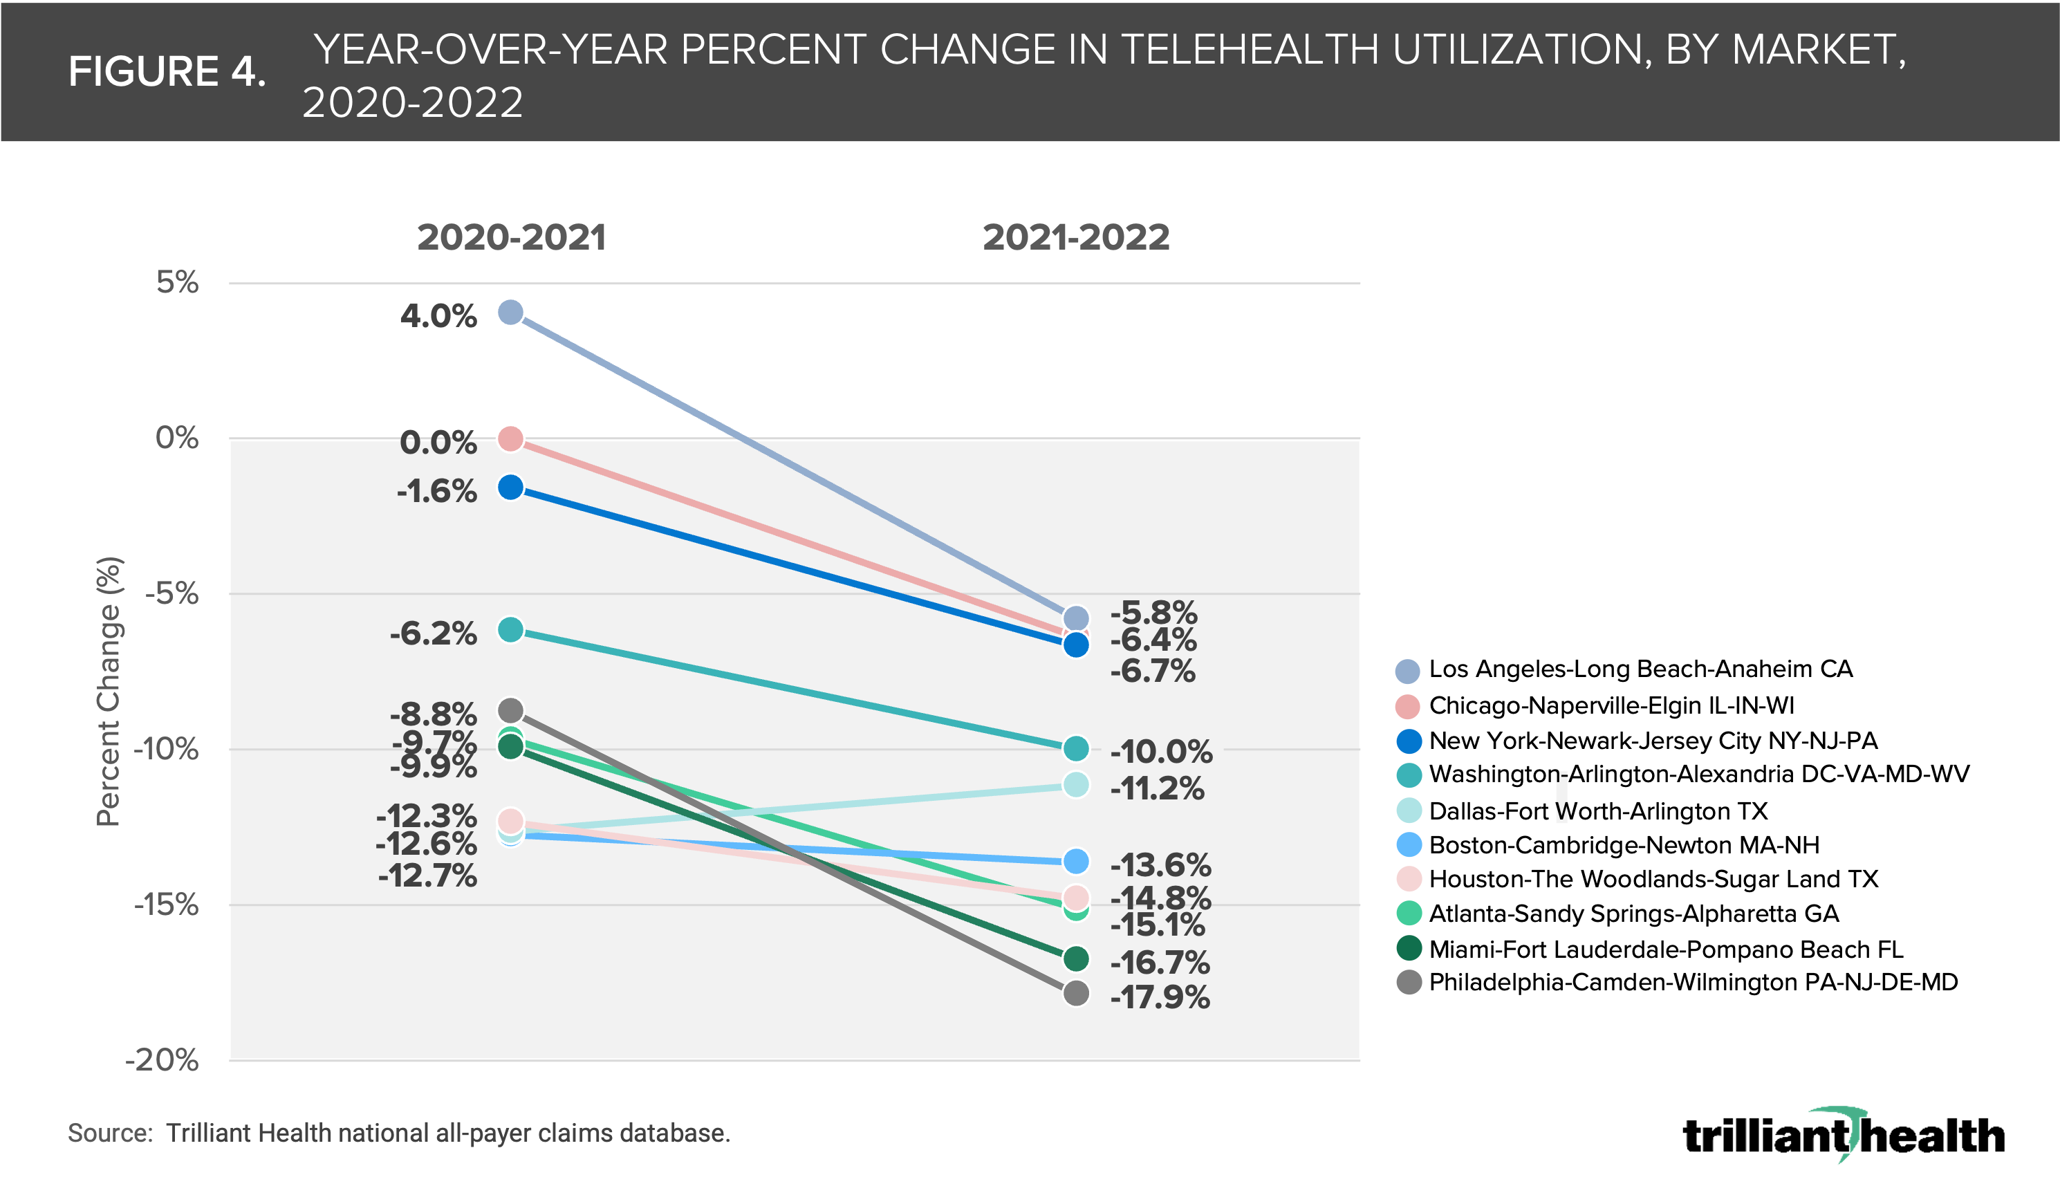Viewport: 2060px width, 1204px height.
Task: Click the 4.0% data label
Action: click(438, 315)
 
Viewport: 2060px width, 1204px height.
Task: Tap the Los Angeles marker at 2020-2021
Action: click(511, 313)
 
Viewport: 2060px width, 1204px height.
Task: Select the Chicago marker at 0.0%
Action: click(511, 439)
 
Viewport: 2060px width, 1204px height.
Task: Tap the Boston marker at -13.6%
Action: click(1076, 861)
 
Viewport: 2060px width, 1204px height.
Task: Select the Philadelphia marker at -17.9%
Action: click(1076, 993)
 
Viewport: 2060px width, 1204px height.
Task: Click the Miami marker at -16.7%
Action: click(1076, 958)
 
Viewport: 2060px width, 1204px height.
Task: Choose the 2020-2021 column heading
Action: click(512, 238)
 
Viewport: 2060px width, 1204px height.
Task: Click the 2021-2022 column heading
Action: click(1076, 238)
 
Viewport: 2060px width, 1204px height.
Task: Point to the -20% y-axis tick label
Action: click(162, 1060)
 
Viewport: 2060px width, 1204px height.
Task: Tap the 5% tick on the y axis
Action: click(178, 283)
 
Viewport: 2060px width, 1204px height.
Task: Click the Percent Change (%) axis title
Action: click(109, 691)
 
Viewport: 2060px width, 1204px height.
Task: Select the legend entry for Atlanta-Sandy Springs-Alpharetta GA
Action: click(1633, 913)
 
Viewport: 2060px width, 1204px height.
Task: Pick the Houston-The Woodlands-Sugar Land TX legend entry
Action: click(1653, 879)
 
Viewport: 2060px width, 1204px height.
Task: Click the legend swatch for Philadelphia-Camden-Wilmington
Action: click(1409, 983)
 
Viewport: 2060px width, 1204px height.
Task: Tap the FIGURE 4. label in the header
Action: click(167, 72)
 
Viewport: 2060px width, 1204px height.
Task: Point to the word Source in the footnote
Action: click(109, 1133)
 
